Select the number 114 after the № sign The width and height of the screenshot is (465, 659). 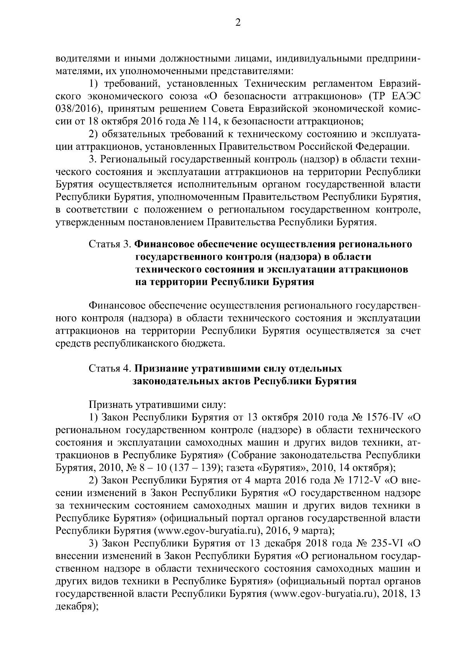pyautogui.click(x=207, y=121)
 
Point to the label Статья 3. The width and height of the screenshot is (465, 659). pyautogui.click(x=110, y=245)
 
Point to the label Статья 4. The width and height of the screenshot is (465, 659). pyautogui.click(x=110, y=368)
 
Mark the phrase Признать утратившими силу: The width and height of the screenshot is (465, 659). pyautogui.click(x=157, y=405)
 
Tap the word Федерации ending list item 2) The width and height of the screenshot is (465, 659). pyautogui.click(x=382, y=146)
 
